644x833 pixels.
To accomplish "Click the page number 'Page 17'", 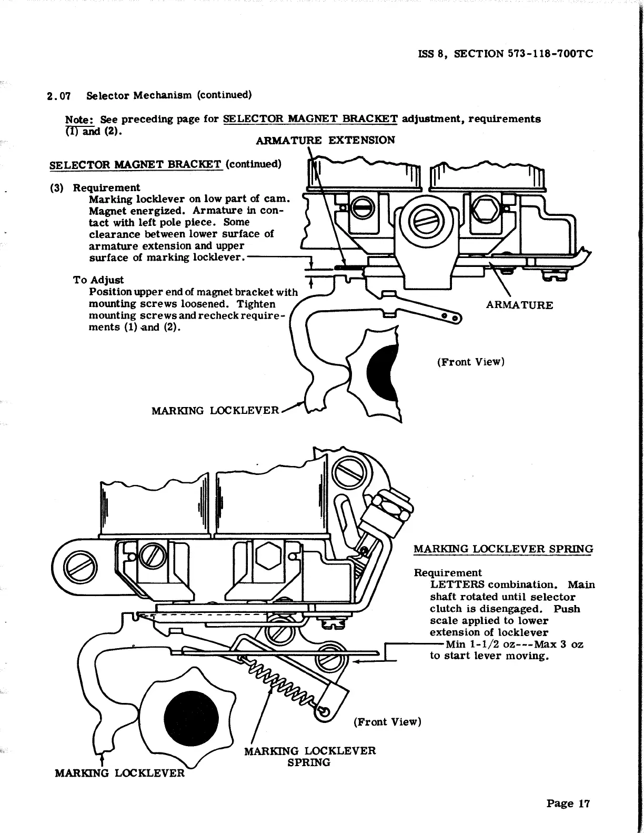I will point(568,803).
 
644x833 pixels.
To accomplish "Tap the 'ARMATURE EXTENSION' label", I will point(325,140).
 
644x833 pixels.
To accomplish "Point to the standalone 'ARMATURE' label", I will point(519,305).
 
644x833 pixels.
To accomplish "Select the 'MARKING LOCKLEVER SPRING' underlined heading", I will point(503,549).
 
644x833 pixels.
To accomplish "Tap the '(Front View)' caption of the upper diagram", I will point(470,362).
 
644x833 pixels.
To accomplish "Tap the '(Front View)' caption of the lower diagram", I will point(387,721).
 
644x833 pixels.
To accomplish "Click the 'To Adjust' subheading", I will point(98,280).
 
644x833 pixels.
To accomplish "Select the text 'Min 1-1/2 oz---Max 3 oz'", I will point(514,644).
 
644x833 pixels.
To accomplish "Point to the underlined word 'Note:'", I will point(79,119).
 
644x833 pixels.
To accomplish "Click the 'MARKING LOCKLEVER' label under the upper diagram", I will point(215,410).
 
